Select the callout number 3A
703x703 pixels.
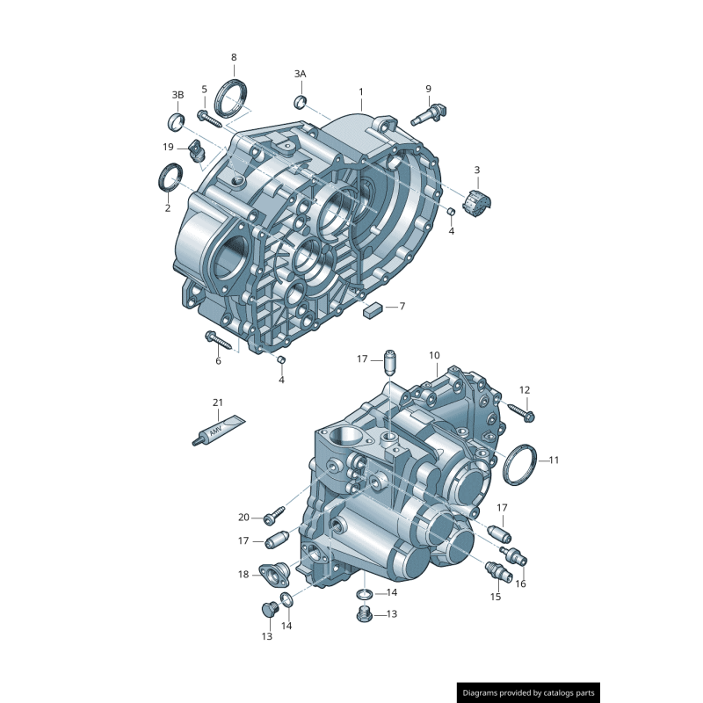click(300, 74)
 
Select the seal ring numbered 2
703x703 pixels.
click(169, 177)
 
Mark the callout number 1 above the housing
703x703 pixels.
click(360, 91)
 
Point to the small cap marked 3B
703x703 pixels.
click(176, 120)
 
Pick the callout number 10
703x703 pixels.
click(434, 355)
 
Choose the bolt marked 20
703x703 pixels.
click(275, 511)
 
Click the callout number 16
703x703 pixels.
click(520, 583)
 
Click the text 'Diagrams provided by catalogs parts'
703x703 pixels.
click(528, 692)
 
